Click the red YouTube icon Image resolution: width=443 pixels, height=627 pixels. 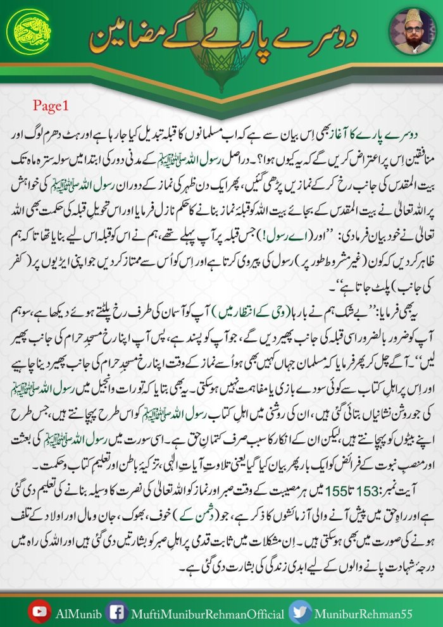click(39, 612)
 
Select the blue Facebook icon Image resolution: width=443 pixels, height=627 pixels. click(116, 612)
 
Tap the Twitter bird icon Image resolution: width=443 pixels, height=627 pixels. click(299, 612)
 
